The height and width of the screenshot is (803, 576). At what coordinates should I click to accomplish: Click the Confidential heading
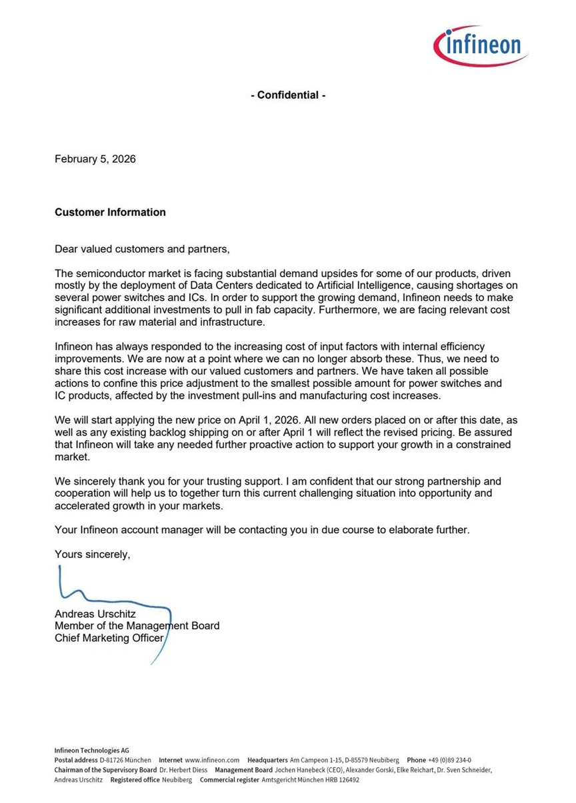(x=288, y=95)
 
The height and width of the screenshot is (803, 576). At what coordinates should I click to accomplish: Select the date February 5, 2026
(x=95, y=159)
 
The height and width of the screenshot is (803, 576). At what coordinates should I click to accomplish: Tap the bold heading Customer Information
(x=110, y=212)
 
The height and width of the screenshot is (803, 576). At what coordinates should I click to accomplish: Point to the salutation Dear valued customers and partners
(x=142, y=250)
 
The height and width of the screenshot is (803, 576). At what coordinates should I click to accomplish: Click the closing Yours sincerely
(x=93, y=554)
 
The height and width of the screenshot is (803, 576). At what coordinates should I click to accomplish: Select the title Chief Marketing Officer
(x=109, y=638)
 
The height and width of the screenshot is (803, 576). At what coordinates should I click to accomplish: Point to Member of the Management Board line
(x=137, y=626)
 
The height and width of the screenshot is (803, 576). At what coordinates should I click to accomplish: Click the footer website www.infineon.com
(x=212, y=760)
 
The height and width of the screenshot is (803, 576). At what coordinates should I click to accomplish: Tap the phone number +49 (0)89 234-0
(x=449, y=760)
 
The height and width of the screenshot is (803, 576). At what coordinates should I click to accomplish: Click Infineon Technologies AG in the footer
(x=91, y=750)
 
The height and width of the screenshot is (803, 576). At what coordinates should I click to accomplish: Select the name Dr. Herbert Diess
(x=183, y=770)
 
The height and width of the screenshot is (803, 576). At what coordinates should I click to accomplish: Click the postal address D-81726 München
(x=125, y=760)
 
